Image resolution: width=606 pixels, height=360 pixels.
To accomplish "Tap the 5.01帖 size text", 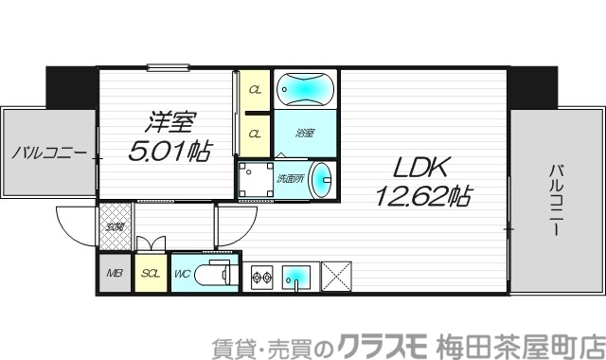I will pos(169,149).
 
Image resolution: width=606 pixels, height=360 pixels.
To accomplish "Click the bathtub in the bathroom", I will pos(305,90).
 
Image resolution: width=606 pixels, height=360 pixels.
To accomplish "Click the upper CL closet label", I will pos(255,91).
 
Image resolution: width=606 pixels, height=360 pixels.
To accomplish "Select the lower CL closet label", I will pos(255,134).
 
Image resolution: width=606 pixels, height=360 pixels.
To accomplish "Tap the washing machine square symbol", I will pos(254,180).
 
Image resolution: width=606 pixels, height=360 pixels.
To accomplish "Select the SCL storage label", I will pos(150,275).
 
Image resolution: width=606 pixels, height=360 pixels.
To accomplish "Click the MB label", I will pos(115,275).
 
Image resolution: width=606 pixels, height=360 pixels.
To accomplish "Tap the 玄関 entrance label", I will pos(114,225).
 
